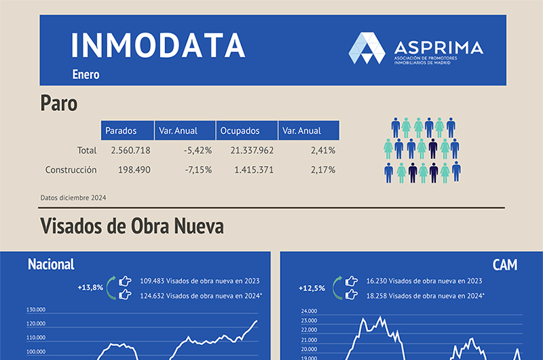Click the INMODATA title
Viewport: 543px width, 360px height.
tap(157, 46)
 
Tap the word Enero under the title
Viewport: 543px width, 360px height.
tap(86, 75)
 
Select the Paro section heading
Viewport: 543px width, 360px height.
tap(58, 103)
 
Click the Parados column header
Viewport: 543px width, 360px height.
tap(121, 130)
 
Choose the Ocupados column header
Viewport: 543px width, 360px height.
tap(240, 130)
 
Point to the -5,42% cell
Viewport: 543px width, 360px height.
tap(198, 150)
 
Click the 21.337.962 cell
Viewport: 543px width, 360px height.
tap(252, 150)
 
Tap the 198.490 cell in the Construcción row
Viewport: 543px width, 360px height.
tap(134, 170)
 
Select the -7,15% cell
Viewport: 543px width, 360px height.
tap(198, 170)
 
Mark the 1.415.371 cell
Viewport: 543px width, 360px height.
tap(254, 170)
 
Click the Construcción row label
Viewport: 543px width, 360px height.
tap(71, 170)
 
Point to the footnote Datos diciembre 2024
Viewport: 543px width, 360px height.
tap(73, 198)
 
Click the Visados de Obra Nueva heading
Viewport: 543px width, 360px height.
tap(132, 226)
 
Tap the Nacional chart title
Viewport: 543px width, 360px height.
tap(51, 264)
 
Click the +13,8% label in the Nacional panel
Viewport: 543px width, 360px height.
tap(90, 287)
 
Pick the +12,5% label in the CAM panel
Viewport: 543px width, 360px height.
tap(312, 287)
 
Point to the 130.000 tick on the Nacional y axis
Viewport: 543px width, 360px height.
tap(36, 309)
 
